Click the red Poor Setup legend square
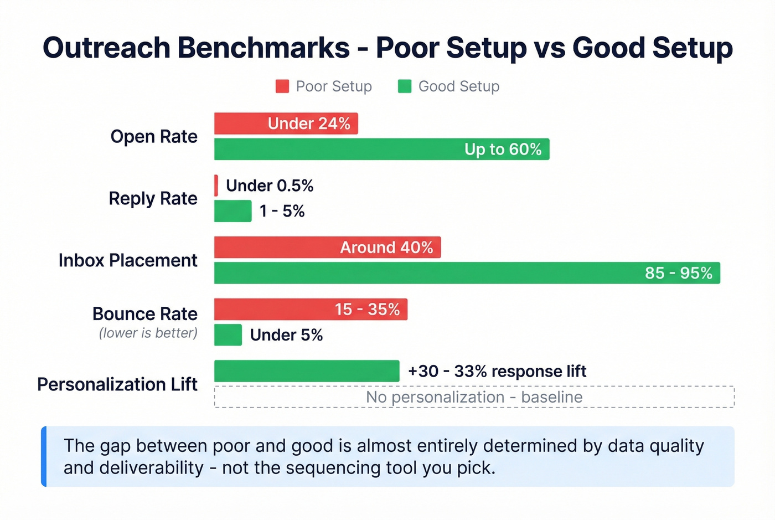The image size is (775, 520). pyautogui.click(x=282, y=86)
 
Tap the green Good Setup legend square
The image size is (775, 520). pyautogui.click(x=405, y=86)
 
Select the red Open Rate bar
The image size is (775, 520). pyautogui.click(x=286, y=123)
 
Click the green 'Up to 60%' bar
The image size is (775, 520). pyautogui.click(x=381, y=149)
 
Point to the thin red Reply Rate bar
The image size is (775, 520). pyautogui.click(x=216, y=186)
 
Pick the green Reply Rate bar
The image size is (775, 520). pyautogui.click(x=232, y=211)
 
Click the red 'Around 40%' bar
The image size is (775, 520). pyautogui.click(x=327, y=248)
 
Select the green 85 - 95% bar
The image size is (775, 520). pyautogui.click(x=467, y=273)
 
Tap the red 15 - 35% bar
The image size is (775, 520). pyautogui.click(x=311, y=309)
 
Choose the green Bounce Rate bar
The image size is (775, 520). pyautogui.click(x=228, y=335)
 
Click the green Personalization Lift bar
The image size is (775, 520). pyautogui.click(x=307, y=371)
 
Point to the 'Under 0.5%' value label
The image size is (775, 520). pyautogui.click(x=270, y=186)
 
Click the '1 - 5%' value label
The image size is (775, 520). pyautogui.click(x=282, y=211)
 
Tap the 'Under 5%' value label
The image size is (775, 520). pyautogui.click(x=286, y=335)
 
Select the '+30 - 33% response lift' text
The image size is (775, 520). pyautogui.click(x=497, y=371)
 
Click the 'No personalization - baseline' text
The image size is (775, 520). pyautogui.click(x=474, y=397)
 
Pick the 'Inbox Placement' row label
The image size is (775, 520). pyautogui.click(x=128, y=260)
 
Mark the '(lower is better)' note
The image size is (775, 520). pyautogui.click(x=148, y=333)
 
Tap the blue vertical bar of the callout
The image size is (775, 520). pyautogui.click(x=44, y=456)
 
